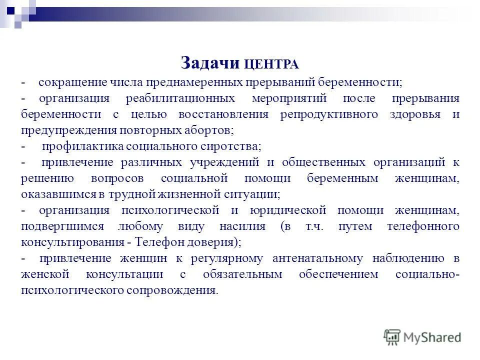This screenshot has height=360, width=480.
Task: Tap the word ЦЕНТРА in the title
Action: tap(271, 64)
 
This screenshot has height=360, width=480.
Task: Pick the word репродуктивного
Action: tap(328, 114)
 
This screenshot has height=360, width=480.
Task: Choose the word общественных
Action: tap(320, 162)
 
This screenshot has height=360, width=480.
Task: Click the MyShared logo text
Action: tap(433, 337)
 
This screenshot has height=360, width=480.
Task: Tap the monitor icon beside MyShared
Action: tap(392, 337)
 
